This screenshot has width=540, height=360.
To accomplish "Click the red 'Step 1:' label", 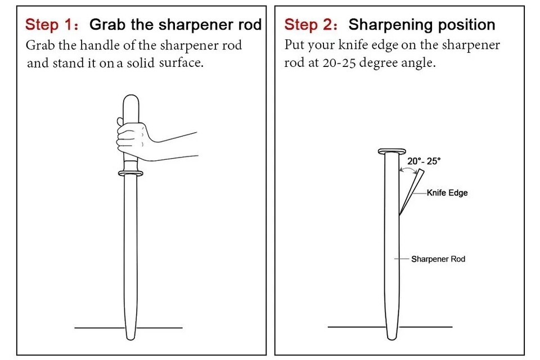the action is click(52, 25).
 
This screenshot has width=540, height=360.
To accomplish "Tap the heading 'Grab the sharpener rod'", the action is click(175, 25).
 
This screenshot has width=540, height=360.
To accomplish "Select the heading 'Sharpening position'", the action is click(422, 25).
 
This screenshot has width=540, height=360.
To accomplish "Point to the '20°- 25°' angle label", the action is click(424, 161).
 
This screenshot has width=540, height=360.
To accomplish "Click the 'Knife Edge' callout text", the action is click(447, 192).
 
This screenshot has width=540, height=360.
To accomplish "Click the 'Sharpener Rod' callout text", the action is click(438, 259).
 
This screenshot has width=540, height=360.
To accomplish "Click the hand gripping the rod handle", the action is click(133, 139).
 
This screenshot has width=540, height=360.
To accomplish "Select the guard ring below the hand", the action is click(130, 173).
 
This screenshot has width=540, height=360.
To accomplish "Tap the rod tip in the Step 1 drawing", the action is click(130, 338).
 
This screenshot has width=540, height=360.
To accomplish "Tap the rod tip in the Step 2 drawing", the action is click(392, 337).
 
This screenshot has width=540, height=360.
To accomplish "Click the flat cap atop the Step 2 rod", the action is click(392, 151).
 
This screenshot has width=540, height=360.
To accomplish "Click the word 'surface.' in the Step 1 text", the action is click(181, 62).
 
